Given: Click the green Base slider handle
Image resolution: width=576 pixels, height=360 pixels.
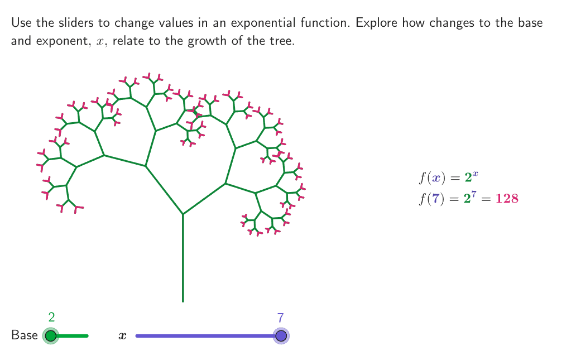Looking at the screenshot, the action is (51, 336).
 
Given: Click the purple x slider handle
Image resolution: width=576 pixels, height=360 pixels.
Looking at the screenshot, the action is (281, 336).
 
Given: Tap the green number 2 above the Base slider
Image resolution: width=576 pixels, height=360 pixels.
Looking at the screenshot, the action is (51, 317).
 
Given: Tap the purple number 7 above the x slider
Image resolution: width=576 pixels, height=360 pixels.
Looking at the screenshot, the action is (281, 318).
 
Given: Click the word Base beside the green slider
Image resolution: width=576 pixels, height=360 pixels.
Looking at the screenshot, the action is (24, 335).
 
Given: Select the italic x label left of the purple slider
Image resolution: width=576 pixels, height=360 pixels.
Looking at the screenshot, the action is (122, 336).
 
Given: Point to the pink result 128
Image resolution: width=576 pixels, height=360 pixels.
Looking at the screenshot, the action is (507, 199).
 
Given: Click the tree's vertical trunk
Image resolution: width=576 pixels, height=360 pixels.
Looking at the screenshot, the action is (183, 258).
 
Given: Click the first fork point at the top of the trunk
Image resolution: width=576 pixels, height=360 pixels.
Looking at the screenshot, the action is (183, 214).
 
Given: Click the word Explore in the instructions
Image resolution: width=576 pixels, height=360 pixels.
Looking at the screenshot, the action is (377, 23).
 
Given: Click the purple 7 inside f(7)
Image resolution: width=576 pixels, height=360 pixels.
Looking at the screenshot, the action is (435, 199).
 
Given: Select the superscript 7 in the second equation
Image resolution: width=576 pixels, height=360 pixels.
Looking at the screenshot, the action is (474, 194).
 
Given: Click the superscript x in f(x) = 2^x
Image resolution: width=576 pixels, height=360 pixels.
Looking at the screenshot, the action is (476, 174).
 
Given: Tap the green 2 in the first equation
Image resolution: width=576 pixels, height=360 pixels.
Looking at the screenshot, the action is (468, 178).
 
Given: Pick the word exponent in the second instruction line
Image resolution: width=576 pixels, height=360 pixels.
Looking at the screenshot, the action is (62, 41).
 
